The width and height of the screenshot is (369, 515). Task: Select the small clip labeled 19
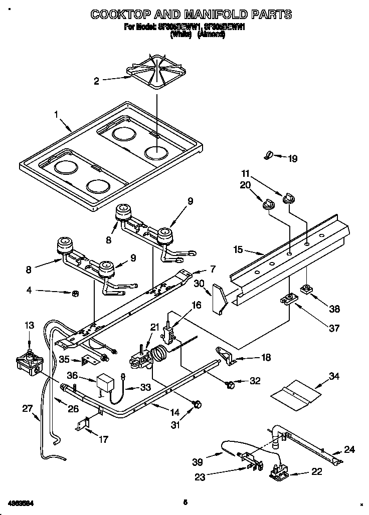(x=268, y=157)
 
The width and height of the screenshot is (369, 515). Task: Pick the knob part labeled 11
(x=287, y=198)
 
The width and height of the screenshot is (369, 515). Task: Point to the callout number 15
(x=238, y=249)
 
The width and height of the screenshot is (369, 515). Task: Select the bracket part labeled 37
(x=288, y=300)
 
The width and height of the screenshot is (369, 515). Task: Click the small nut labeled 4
(x=75, y=293)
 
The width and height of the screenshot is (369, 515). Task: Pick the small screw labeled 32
(x=231, y=384)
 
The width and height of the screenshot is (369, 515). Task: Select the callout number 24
(x=349, y=449)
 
